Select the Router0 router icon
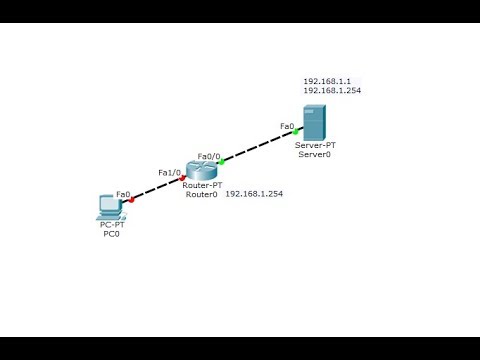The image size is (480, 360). [x=201, y=171]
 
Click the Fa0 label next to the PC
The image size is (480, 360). [x=124, y=194]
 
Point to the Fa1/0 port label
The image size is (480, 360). [x=169, y=172]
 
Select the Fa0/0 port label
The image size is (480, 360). [x=209, y=156]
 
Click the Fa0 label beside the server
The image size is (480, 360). [x=287, y=126]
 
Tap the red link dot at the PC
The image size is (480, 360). [x=131, y=200]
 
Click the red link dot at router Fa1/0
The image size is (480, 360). [x=183, y=178]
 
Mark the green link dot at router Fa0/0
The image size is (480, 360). [x=222, y=161]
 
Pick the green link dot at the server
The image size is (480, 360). [x=296, y=131]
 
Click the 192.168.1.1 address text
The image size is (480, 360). [x=326, y=81]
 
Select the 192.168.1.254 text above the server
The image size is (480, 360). [x=332, y=91]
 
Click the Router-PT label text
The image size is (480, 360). [x=201, y=187]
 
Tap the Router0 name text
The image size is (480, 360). [x=201, y=196]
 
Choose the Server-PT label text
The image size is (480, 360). [x=315, y=146]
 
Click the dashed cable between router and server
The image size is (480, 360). [x=259, y=146]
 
